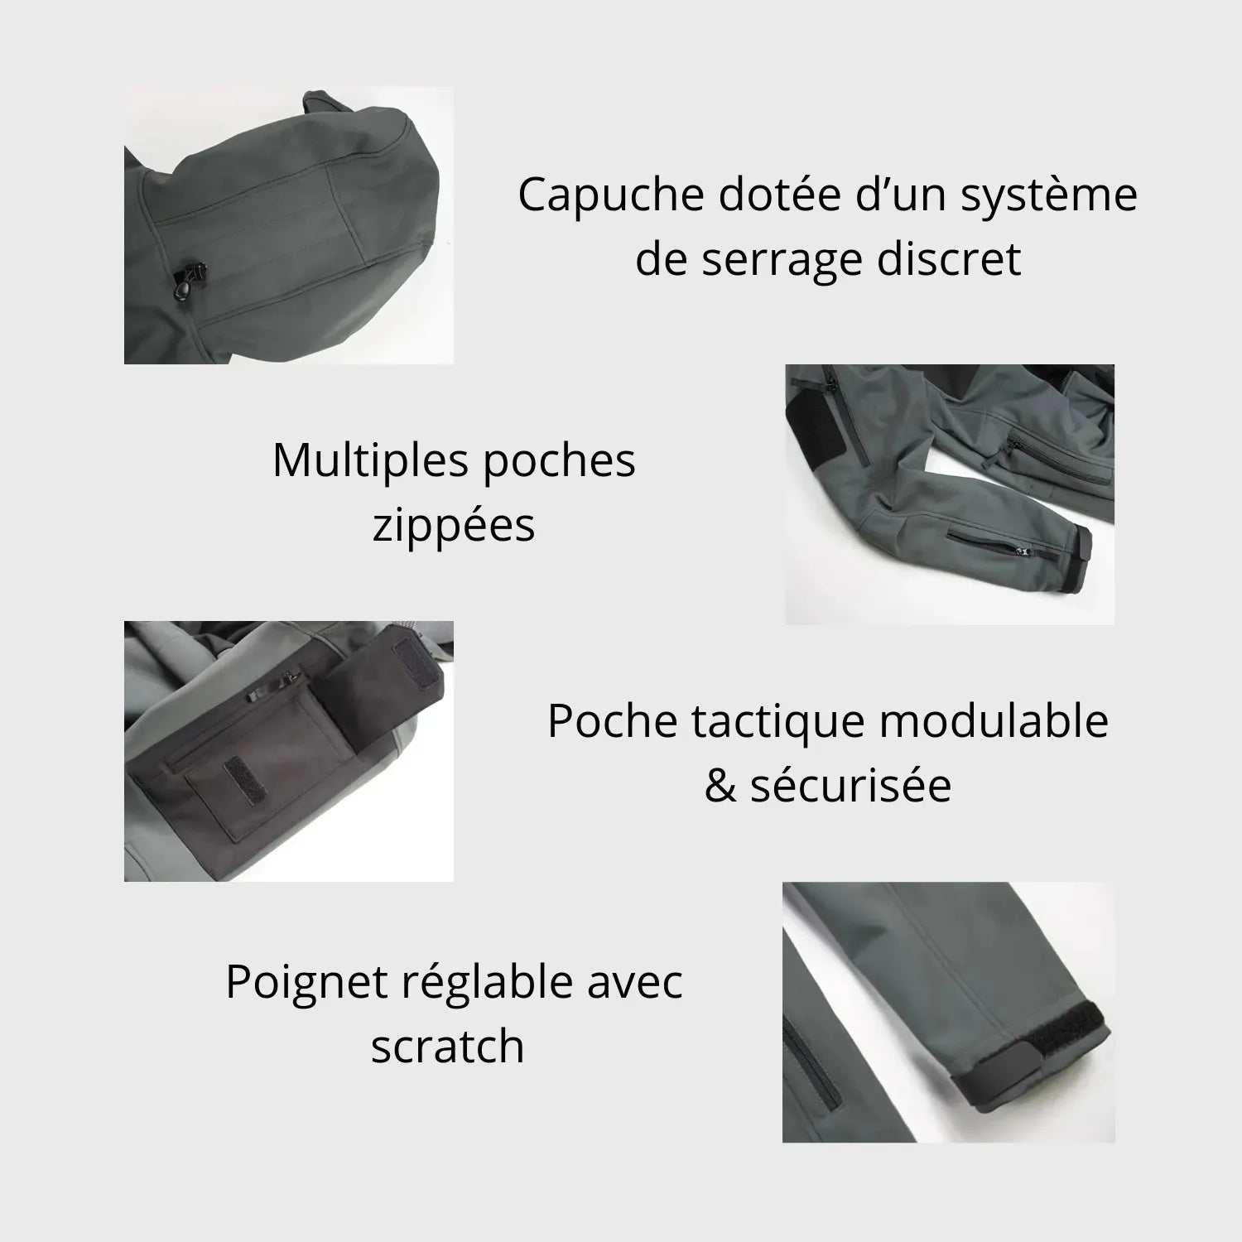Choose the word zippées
point(454,526)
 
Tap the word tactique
point(776,720)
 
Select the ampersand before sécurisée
point(720,786)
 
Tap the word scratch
point(447,1045)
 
